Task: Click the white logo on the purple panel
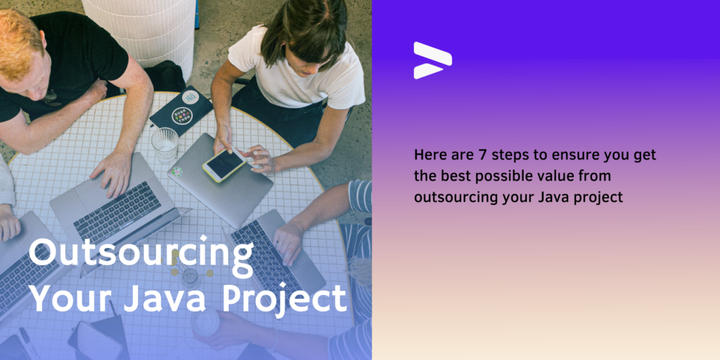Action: tap(432, 60)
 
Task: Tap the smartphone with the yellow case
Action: tap(224, 165)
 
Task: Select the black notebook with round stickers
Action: tap(181, 110)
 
